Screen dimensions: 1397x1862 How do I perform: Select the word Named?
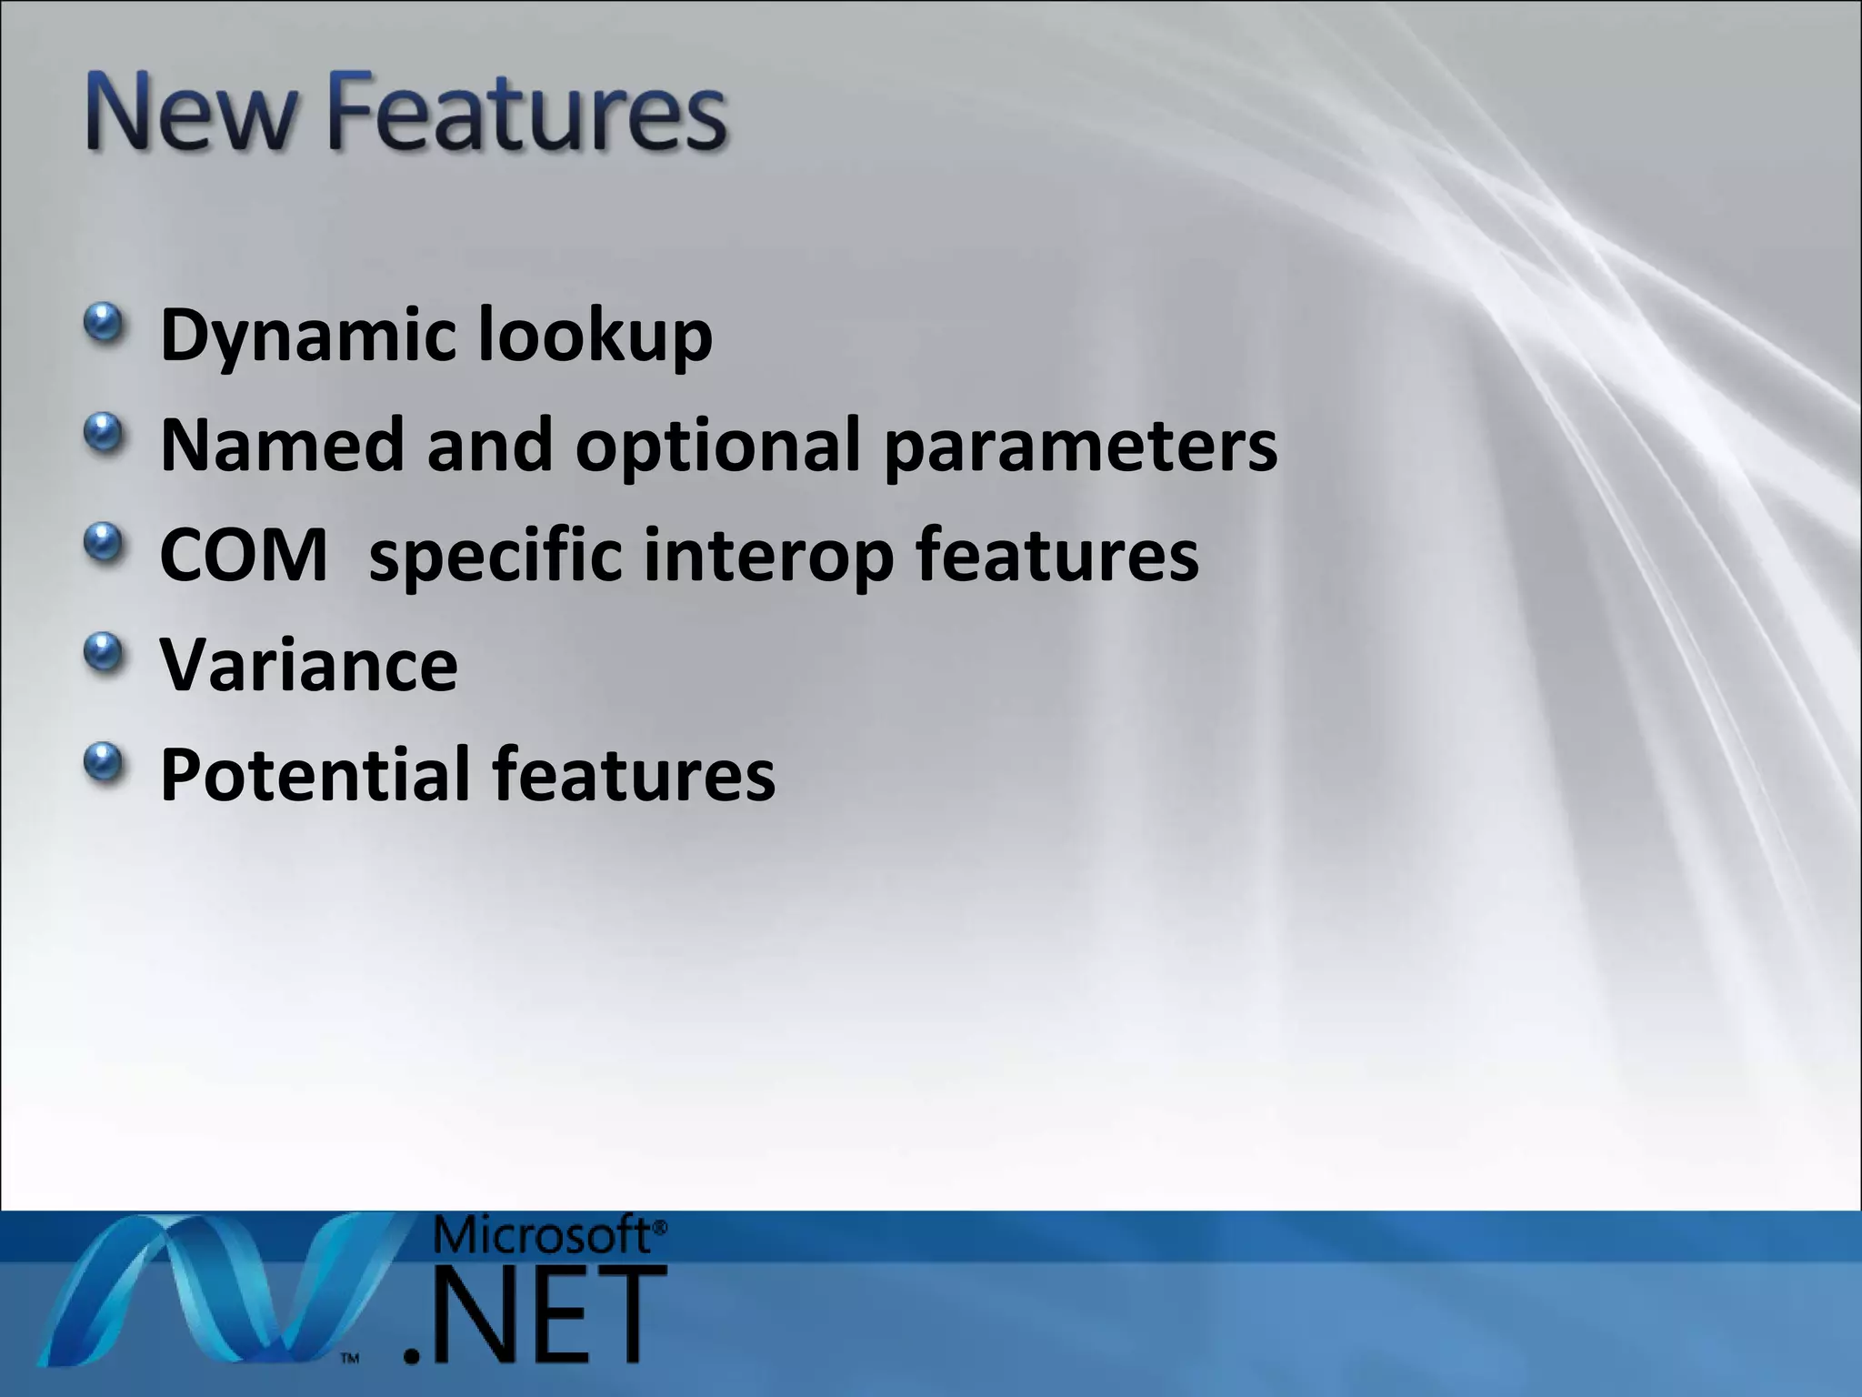tap(282, 445)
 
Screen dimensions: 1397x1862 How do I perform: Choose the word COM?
tap(243, 556)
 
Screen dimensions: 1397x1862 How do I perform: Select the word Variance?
tap(309, 665)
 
